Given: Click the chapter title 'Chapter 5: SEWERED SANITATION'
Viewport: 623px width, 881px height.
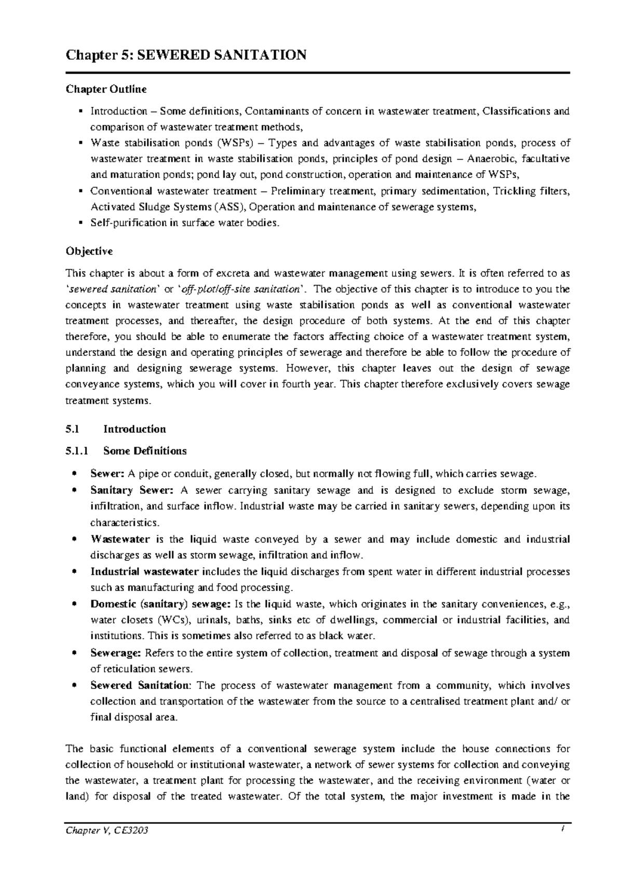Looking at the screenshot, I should pos(185,54).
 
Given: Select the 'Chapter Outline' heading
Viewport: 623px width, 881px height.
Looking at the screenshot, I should pos(106,89).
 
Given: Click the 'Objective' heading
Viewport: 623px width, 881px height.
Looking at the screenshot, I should pos(89,251).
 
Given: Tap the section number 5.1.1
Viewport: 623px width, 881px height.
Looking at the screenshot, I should pos(77,451).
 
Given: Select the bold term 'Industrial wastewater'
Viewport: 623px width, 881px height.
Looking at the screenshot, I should pos(144,572).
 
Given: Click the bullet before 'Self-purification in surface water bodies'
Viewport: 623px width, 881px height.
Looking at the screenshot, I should pos(80,223).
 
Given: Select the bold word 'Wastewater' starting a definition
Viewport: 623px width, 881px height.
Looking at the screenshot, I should pos(120,540).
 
